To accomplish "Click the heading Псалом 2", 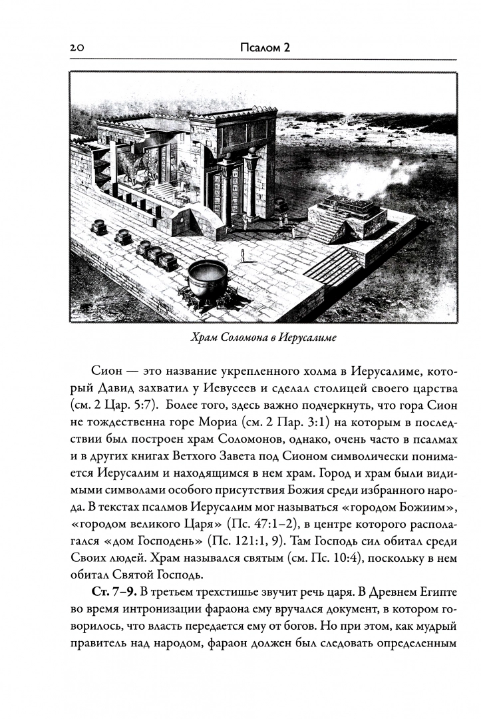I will click(x=264, y=48).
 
